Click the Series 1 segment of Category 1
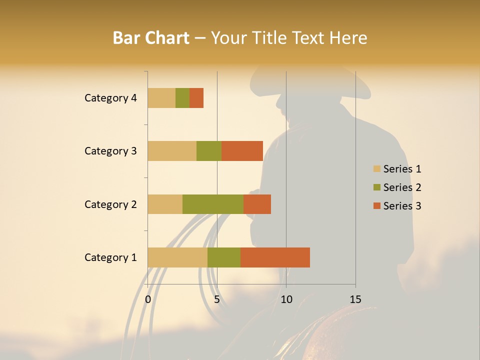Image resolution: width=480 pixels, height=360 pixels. click(x=177, y=257)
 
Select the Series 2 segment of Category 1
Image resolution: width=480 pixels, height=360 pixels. click(x=224, y=257)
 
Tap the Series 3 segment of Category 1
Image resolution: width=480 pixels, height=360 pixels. click(x=275, y=257)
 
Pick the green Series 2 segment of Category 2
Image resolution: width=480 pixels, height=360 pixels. click(x=213, y=204)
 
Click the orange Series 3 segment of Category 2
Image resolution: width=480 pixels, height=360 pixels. click(x=257, y=204)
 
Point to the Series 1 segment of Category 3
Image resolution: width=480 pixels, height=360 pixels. click(x=172, y=151)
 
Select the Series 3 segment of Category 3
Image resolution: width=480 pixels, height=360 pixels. click(x=242, y=151)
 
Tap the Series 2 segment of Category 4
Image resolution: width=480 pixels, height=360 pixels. click(x=182, y=98)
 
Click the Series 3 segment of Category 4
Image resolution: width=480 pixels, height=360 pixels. click(x=196, y=98)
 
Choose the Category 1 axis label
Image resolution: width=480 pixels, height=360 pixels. click(x=110, y=257)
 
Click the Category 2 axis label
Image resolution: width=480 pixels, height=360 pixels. click(x=110, y=204)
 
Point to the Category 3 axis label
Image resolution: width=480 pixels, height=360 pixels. click(x=110, y=151)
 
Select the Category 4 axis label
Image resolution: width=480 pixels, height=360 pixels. click(x=110, y=98)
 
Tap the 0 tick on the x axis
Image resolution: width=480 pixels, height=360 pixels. click(x=148, y=299)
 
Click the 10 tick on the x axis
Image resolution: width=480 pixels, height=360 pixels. click(x=286, y=299)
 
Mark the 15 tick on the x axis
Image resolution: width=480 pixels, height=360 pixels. click(x=355, y=299)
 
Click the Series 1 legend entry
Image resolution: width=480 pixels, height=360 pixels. click(x=397, y=169)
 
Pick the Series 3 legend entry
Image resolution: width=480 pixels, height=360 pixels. click(x=397, y=206)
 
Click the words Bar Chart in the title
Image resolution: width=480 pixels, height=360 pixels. click(x=151, y=38)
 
